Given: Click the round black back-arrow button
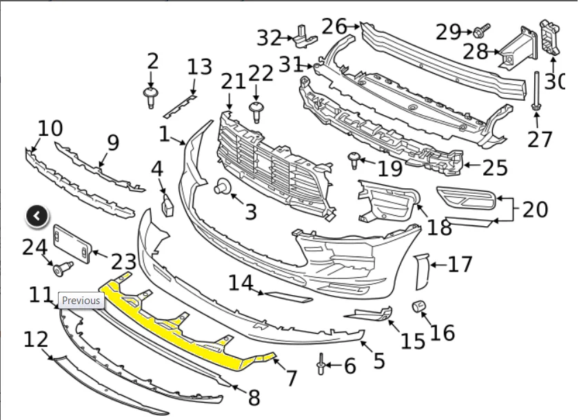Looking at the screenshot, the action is pos(37,216).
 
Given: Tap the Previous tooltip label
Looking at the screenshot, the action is pos(81,301).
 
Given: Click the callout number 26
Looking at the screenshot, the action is pos(334,27).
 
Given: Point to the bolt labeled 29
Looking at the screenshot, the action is pos(482,31).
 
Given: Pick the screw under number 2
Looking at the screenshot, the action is pos(151,97).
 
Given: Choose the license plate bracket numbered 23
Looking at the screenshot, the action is pos(72,244).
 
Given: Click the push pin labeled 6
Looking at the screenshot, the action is pos(321,364).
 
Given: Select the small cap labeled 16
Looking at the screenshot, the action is pos(419,306).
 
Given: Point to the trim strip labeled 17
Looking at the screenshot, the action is pos(422,272).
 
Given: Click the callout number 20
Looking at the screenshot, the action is pos(536,210).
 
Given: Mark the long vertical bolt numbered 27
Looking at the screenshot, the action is pos(536,91).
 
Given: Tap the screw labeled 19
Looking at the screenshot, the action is pos(354,160).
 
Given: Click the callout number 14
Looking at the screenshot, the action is pos(241,283).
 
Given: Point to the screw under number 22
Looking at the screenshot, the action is pos(256,112).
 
